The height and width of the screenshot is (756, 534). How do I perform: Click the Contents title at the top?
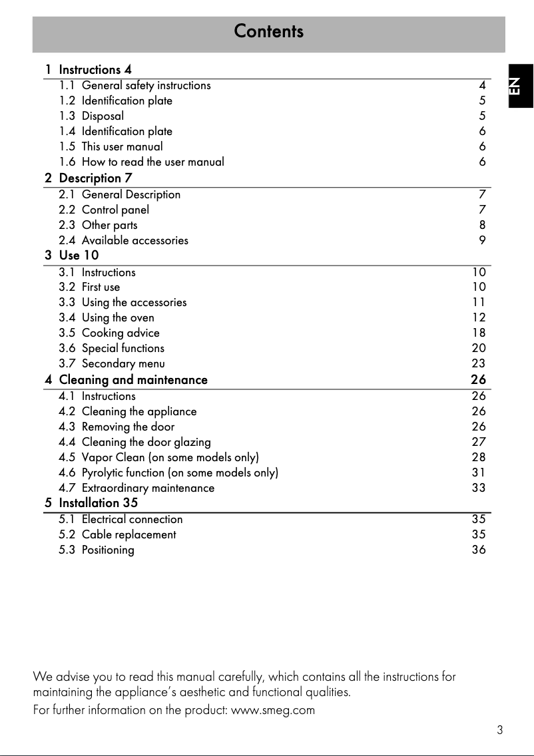tap(268, 31)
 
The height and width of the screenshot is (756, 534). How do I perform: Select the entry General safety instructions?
tap(146, 86)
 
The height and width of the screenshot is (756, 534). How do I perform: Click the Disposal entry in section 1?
tap(103, 116)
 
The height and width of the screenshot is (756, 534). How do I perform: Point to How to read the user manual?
tap(152, 162)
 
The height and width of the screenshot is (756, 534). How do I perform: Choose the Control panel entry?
tap(115, 210)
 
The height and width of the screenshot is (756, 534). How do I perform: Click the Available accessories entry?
tap(134, 241)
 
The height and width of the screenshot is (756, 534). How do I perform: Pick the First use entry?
tap(101, 287)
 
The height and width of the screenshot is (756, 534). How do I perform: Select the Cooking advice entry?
tap(121, 333)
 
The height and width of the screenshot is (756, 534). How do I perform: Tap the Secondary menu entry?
tap(123, 363)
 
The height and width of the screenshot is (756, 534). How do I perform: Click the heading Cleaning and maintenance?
tap(133, 380)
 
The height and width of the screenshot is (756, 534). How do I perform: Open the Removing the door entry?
tap(128, 427)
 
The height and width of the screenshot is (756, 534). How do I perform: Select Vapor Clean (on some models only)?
tap(170, 457)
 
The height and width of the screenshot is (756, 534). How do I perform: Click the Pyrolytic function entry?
tap(180, 472)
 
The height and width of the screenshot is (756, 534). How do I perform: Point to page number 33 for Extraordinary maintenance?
tap(479, 488)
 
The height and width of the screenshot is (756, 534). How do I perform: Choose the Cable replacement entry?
tap(129, 535)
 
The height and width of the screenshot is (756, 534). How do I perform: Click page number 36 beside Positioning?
tap(479, 550)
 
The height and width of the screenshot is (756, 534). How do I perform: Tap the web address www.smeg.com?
tap(272, 710)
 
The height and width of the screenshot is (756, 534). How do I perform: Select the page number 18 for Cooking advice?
tap(479, 333)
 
